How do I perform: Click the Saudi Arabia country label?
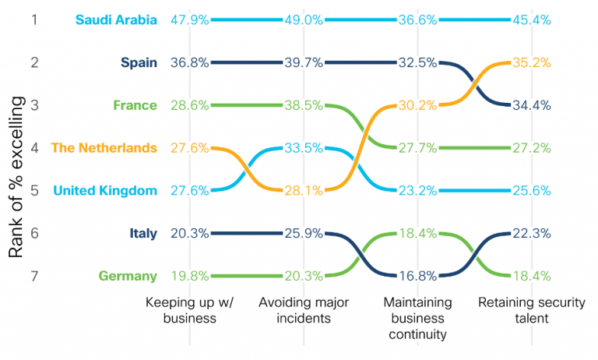(x=117, y=19)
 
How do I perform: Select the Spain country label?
(x=139, y=62)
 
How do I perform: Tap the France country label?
(x=135, y=105)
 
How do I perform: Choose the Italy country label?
(x=143, y=233)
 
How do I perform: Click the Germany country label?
(x=128, y=276)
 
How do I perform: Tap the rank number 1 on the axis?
(x=34, y=19)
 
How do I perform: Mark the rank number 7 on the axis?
(x=34, y=276)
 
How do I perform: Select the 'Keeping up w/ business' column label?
(x=190, y=310)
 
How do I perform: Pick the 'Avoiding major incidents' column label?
(x=302, y=310)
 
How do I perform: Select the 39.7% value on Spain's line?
(x=303, y=62)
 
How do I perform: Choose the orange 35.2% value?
(x=532, y=62)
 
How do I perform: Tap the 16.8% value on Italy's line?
(x=418, y=276)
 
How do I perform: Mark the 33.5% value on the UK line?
(x=303, y=148)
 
